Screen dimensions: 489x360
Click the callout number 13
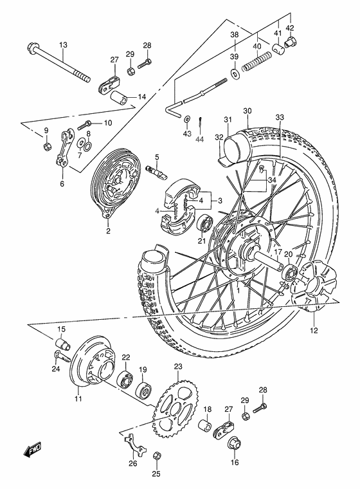tap(63, 44)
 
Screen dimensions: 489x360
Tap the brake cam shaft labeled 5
tap(154, 172)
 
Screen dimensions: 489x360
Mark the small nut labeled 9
tap(47, 147)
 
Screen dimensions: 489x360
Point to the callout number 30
tap(229, 111)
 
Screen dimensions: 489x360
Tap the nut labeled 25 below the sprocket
tap(156, 456)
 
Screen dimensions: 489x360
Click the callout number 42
tap(290, 28)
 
